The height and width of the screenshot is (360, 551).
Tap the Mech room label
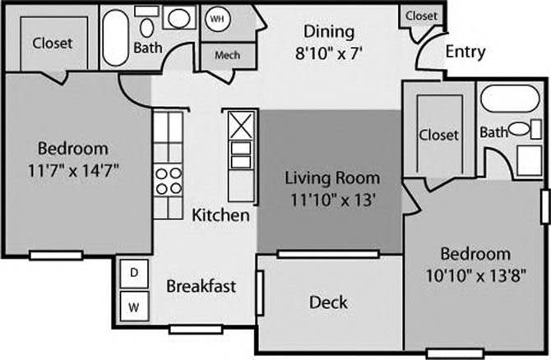pyautogui.click(x=227, y=56)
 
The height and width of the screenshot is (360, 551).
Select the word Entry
pyautogui.click(x=465, y=53)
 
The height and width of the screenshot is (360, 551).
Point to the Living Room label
pyautogui.click(x=332, y=177)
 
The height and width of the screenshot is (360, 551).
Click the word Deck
pyautogui.click(x=327, y=302)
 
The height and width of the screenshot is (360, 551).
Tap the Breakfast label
pyautogui.click(x=201, y=286)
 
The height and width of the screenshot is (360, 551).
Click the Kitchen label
pyautogui.click(x=220, y=215)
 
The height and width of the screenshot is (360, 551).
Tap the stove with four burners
pyautogui.click(x=168, y=179)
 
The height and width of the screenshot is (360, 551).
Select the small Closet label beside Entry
pyautogui.click(x=421, y=16)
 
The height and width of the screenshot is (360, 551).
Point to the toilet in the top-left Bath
pyautogui.click(x=148, y=26)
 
